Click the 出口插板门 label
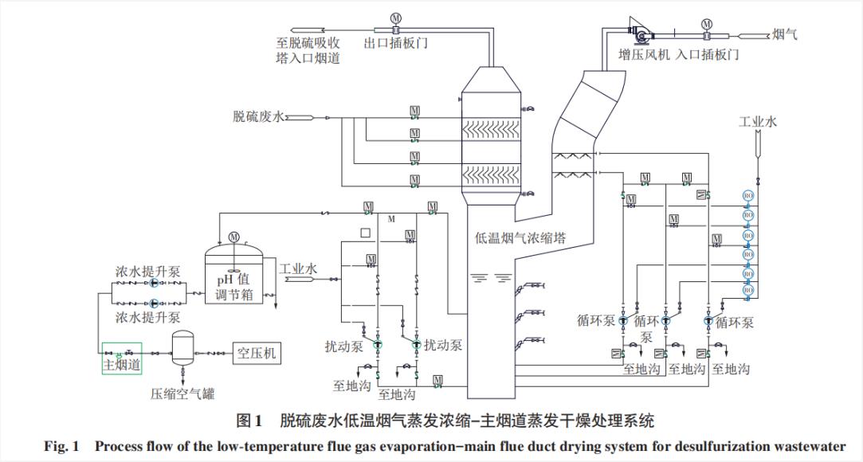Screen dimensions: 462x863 pos(395,43)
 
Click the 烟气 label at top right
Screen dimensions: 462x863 pos(785,33)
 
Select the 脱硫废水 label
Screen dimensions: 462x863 pos(257,117)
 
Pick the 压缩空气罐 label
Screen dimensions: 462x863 pos(182,393)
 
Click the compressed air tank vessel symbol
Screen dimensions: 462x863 pos(184,347)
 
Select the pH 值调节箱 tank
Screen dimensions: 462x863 pos(233,274)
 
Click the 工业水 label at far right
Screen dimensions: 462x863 pos(757,122)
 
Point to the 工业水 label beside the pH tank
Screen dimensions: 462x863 pos(298,268)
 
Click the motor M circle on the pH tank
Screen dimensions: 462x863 pos(233,236)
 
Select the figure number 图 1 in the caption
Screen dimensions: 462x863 pos(249,420)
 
